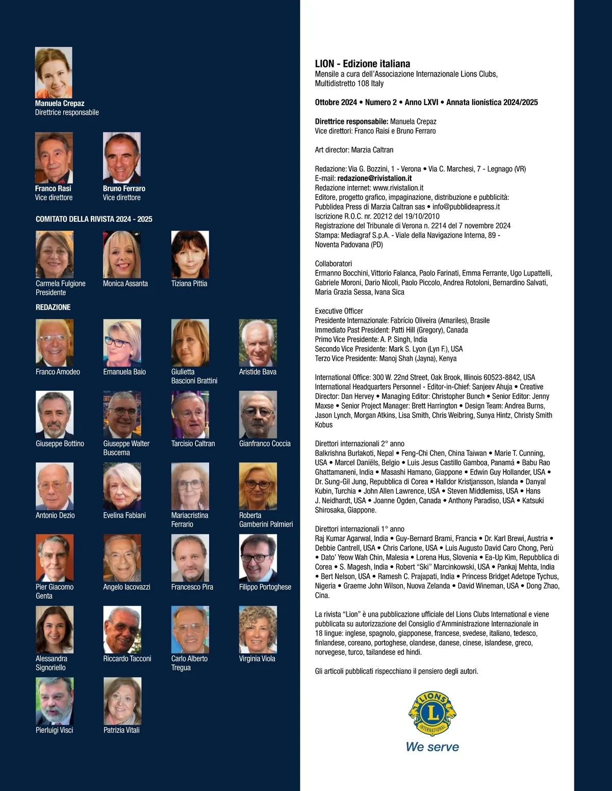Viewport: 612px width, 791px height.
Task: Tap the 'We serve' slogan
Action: click(432, 747)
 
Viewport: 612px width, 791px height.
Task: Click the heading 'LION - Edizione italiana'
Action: click(363, 64)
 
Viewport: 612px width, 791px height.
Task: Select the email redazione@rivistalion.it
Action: click(374, 178)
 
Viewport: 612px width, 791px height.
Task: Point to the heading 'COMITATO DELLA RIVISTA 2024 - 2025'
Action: click(94, 219)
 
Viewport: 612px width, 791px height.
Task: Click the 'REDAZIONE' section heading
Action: click(53, 307)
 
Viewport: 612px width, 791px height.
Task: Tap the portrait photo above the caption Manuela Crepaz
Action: click(54, 72)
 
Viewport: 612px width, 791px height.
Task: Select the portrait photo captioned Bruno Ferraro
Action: click(122, 158)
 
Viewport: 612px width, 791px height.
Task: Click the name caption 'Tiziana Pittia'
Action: click(189, 284)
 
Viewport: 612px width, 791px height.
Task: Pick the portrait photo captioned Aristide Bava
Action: click(258, 343)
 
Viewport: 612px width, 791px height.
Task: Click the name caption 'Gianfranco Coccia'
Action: click(265, 444)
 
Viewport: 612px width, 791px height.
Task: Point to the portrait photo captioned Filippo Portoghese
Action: click(258, 558)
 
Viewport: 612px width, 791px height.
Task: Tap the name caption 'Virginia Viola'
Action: click(257, 658)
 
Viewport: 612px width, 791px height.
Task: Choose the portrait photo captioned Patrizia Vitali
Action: click(122, 701)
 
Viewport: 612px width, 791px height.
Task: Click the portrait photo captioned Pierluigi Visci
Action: click(55, 701)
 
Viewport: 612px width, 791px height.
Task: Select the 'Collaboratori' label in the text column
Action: click(334, 264)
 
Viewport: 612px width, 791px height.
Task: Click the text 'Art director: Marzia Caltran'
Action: click(354, 150)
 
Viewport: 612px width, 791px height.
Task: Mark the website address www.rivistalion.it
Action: click(398, 188)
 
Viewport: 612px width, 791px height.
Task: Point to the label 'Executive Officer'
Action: click(339, 311)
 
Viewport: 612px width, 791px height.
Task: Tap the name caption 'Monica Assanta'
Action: click(125, 284)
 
